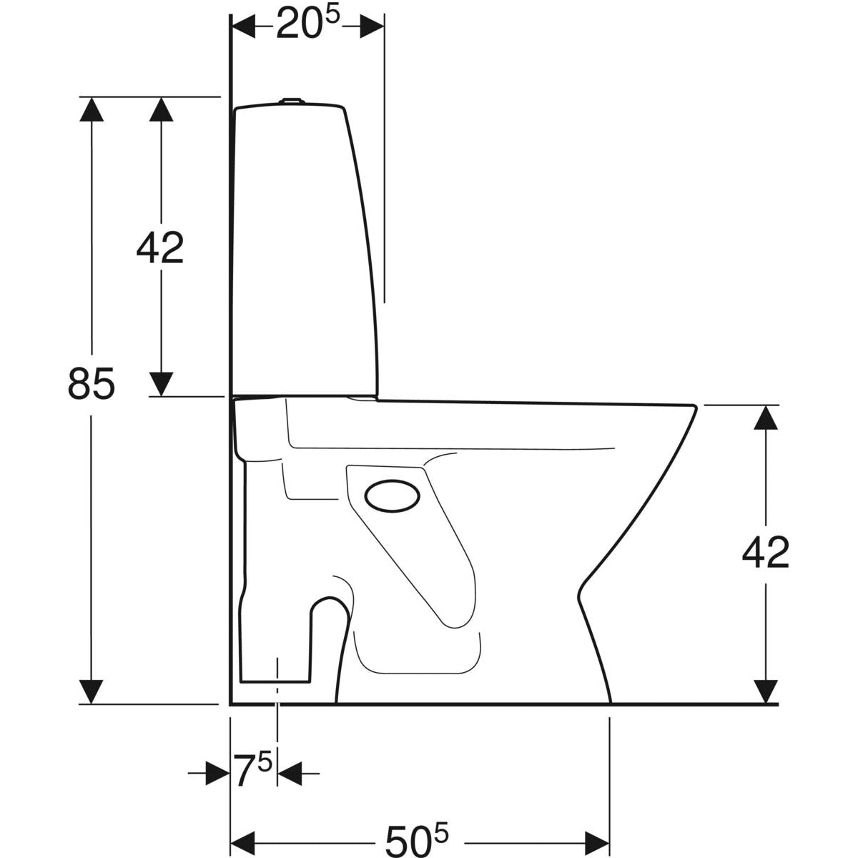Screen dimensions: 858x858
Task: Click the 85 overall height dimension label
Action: tap(91, 384)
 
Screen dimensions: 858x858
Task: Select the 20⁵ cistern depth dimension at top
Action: tap(307, 26)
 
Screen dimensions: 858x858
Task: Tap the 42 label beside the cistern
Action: tap(160, 247)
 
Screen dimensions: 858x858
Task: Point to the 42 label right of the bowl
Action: tap(765, 552)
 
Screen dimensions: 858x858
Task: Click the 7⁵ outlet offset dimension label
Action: tap(253, 772)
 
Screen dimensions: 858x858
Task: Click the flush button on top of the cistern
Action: tap(290, 102)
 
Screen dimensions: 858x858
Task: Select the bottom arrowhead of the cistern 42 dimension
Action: tap(161, 384)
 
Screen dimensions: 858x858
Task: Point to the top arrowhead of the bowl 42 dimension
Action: tap(766, 417)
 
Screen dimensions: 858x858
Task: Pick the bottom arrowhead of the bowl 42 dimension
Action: tap(766, 691)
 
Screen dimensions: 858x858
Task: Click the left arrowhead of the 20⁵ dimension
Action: tap(244, 26)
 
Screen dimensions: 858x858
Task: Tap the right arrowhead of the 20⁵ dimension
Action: tap(371, 26)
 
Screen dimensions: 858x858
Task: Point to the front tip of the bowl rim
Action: tap(696, 407)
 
